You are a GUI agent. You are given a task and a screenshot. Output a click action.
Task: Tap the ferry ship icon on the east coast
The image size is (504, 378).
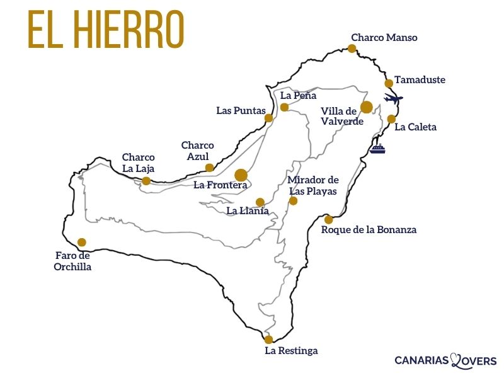377,149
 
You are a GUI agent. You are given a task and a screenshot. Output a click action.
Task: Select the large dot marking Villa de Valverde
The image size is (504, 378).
367,107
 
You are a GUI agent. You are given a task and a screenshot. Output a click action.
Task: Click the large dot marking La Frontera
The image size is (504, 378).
241,175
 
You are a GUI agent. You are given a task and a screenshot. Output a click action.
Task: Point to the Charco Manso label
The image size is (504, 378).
384,37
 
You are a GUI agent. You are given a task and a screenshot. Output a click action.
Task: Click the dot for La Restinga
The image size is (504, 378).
268,340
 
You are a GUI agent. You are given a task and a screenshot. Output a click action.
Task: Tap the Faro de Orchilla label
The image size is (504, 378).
72,261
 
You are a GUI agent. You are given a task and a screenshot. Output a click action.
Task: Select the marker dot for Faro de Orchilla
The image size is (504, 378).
81,242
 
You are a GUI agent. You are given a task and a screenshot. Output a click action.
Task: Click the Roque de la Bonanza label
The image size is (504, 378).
369,230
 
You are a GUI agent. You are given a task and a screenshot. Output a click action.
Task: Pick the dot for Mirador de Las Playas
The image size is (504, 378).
293,201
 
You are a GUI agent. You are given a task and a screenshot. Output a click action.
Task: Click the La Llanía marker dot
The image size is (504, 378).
260,202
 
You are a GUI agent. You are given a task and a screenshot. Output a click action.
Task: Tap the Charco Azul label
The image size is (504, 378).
198,150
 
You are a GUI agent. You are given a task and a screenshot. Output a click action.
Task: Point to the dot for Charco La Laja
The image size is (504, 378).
146,181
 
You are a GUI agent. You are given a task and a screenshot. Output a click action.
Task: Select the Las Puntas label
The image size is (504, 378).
241,110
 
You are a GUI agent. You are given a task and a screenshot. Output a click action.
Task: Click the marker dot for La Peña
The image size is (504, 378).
284,107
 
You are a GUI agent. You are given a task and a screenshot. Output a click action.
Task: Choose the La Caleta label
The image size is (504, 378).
415,127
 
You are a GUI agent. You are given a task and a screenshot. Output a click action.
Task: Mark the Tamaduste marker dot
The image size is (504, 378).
389,83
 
